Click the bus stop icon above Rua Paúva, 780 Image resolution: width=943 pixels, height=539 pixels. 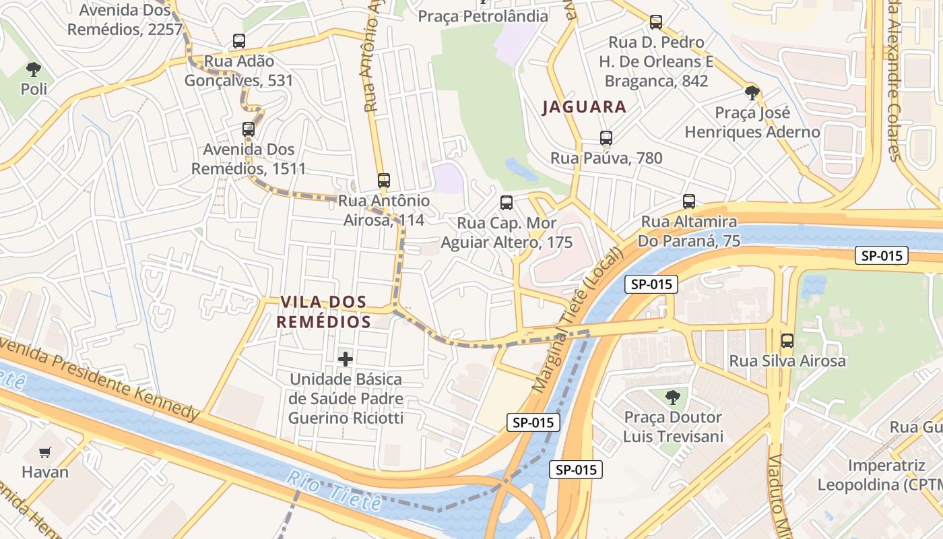coord(606,138)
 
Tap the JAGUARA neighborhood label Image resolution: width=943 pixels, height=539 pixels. coord(584,106)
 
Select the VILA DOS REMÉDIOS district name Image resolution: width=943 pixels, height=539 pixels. coord(324,312)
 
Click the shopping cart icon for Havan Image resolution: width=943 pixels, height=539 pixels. coord(45,452)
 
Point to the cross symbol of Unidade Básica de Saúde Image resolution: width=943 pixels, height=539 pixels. coord(346,359)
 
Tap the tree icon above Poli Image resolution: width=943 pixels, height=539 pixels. coord(33,69)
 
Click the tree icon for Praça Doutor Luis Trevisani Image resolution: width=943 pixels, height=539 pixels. coord(672,398)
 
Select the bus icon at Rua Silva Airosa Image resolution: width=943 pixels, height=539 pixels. coord(787,341)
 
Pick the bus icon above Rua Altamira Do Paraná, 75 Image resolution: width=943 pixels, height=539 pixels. coord(688,201)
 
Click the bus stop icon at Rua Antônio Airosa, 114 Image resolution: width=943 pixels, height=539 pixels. coord(384,181)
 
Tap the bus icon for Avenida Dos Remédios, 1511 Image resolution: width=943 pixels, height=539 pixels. coord(249,129)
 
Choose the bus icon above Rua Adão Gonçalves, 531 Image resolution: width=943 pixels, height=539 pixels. coord(239,41)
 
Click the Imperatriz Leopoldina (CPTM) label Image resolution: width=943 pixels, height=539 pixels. coord(880,475)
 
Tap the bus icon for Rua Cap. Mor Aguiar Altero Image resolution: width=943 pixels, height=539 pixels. coord(507,203)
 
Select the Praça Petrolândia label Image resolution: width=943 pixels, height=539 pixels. coord(483,15)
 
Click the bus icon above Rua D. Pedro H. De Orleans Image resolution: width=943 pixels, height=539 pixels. coord(656,22)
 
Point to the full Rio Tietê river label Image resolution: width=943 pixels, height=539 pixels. coord(334,489)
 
